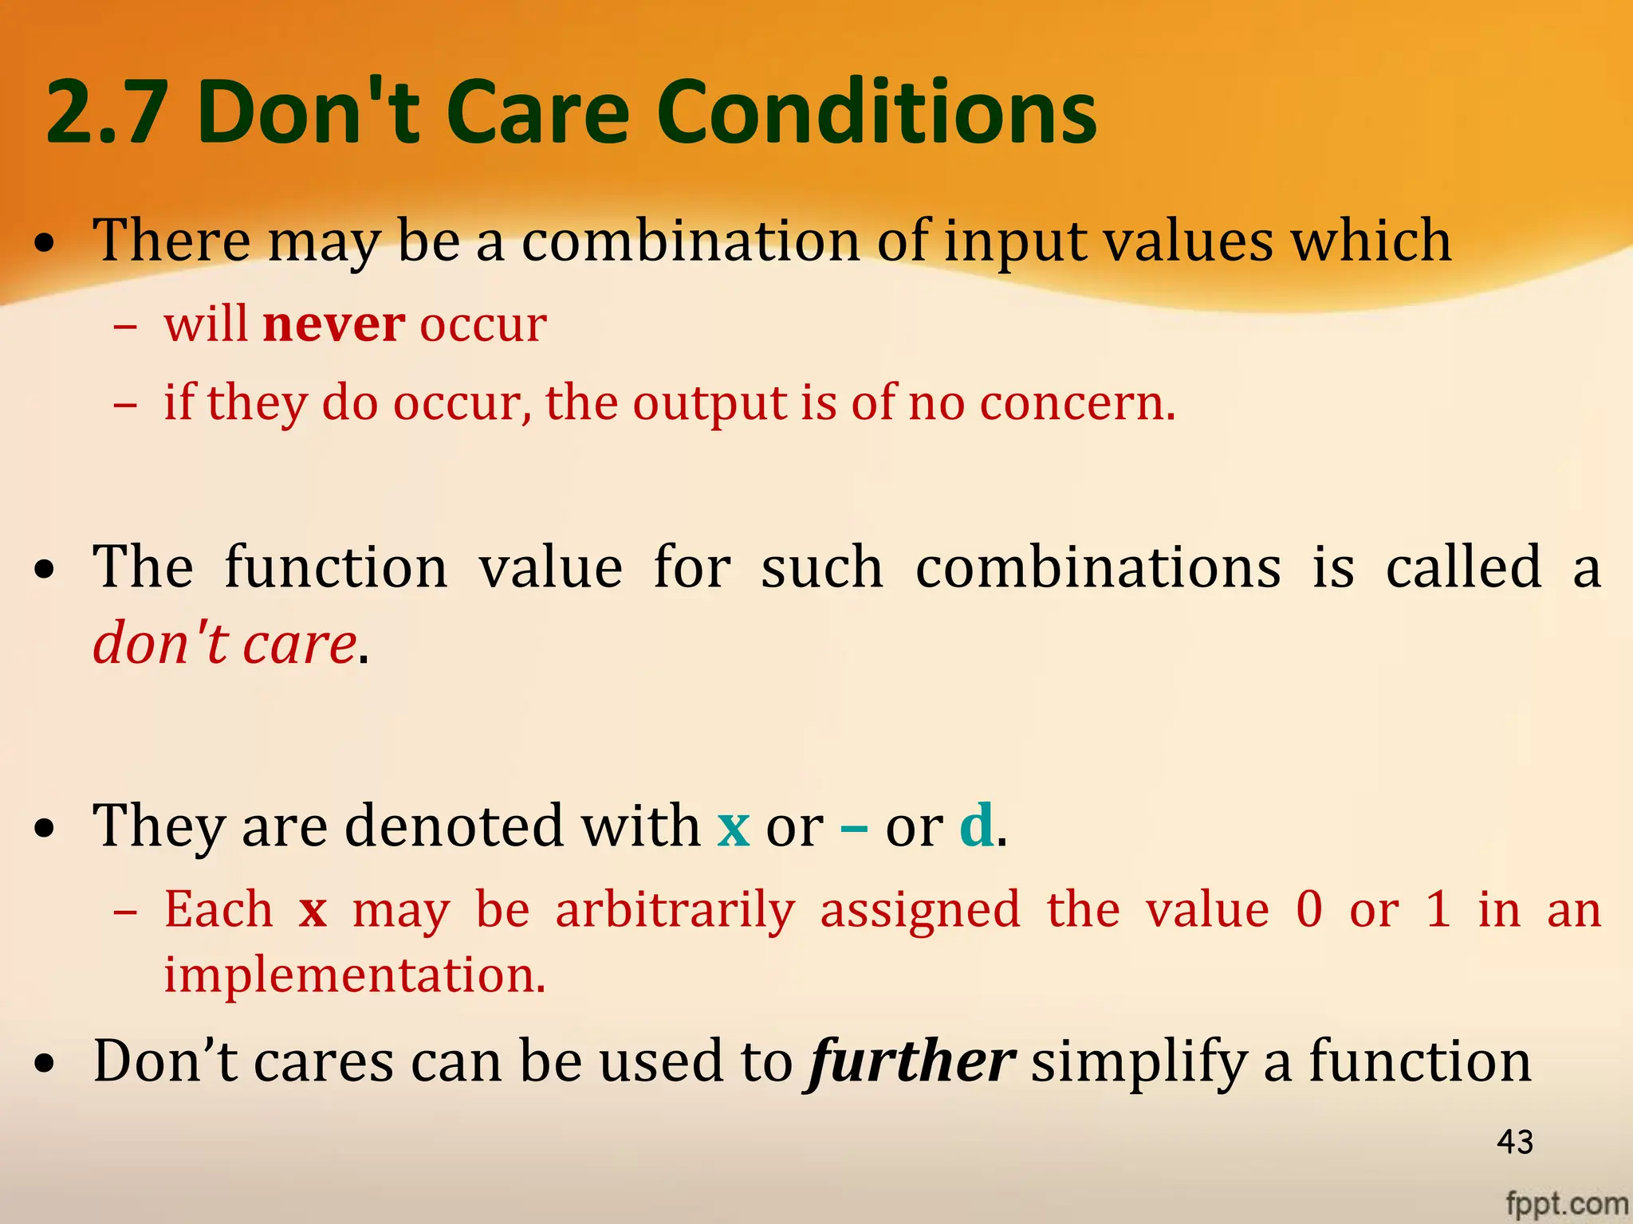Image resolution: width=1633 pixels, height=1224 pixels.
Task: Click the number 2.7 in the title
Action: tap(106, 113)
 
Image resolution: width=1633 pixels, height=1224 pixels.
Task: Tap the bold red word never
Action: tap(334, 325)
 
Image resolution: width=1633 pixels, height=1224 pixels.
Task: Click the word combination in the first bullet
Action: tap(691, 241)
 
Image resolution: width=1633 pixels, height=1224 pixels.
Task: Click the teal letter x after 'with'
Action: tap(734, 827)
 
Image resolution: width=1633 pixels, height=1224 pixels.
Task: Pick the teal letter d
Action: tap(977, 826)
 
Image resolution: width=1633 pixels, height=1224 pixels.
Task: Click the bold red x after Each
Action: tap(313, 910)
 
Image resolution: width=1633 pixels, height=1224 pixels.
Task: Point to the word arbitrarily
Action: tap(675, 910)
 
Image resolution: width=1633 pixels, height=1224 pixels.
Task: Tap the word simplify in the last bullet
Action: tap(1139, 1063)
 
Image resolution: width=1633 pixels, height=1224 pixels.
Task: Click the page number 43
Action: tap(1515, 1142)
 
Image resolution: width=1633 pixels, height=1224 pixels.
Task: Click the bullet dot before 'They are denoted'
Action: tap(46, 829)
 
